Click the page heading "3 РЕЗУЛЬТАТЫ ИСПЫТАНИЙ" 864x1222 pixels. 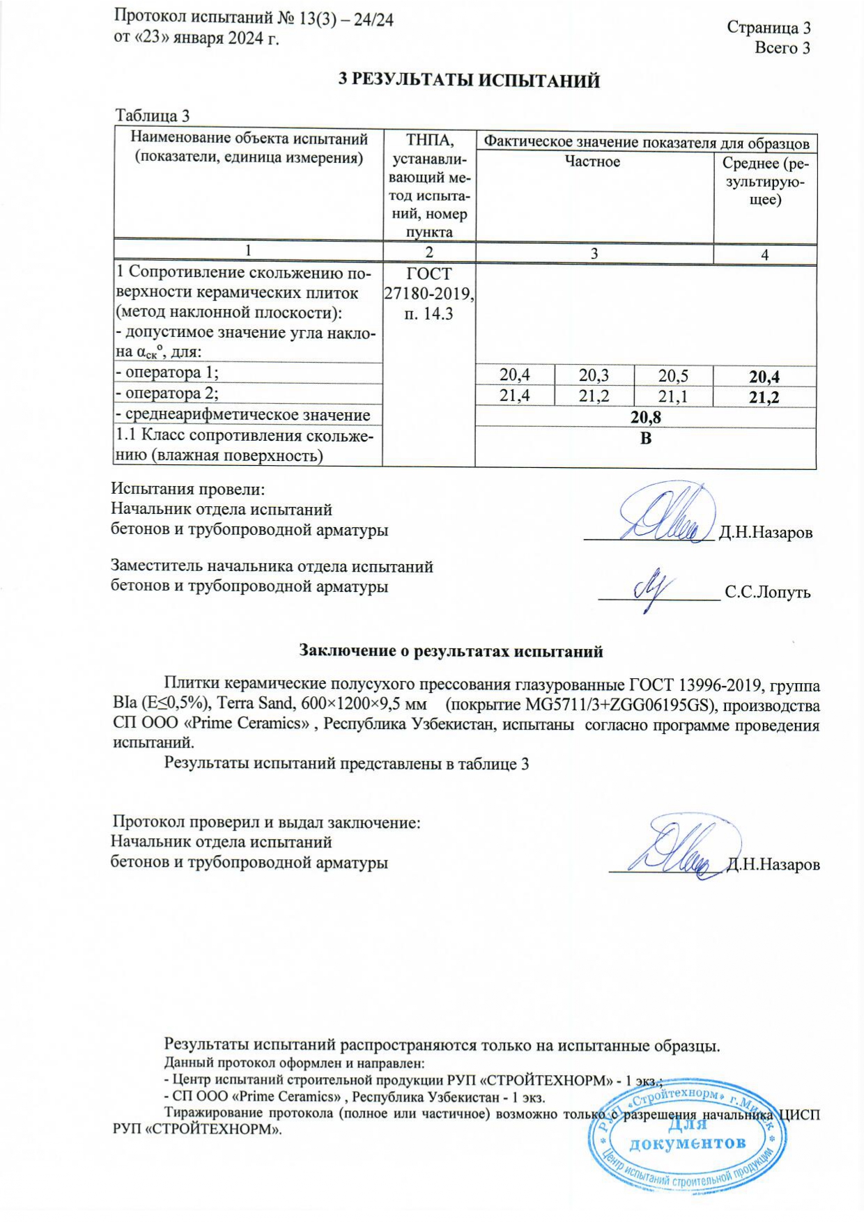point(469,81)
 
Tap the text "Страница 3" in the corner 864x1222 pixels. point(769,27)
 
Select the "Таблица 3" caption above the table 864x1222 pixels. point(152,116)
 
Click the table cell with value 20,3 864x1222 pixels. point(594,375)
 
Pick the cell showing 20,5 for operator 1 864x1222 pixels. point(673,375)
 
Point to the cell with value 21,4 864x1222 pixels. point(515,396)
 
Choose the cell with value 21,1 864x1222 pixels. point(673,396)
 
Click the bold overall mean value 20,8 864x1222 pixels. point(645,418)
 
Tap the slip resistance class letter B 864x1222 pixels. point(645,439)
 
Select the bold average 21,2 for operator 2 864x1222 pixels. point(764,398)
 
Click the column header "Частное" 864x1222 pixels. point(592,162)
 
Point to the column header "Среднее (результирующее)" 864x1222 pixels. point(765,182)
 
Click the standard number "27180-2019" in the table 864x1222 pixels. point(429,294)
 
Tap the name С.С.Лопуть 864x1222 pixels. point(767,593)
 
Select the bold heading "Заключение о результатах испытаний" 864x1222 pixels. point(451,652)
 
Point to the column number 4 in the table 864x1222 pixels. point(764,255)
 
